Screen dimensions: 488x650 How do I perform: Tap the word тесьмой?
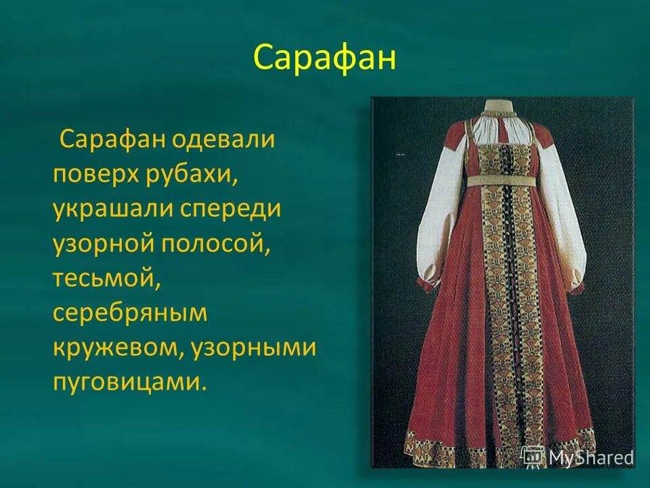coord(106,279)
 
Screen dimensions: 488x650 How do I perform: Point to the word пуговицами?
coord(128,382)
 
